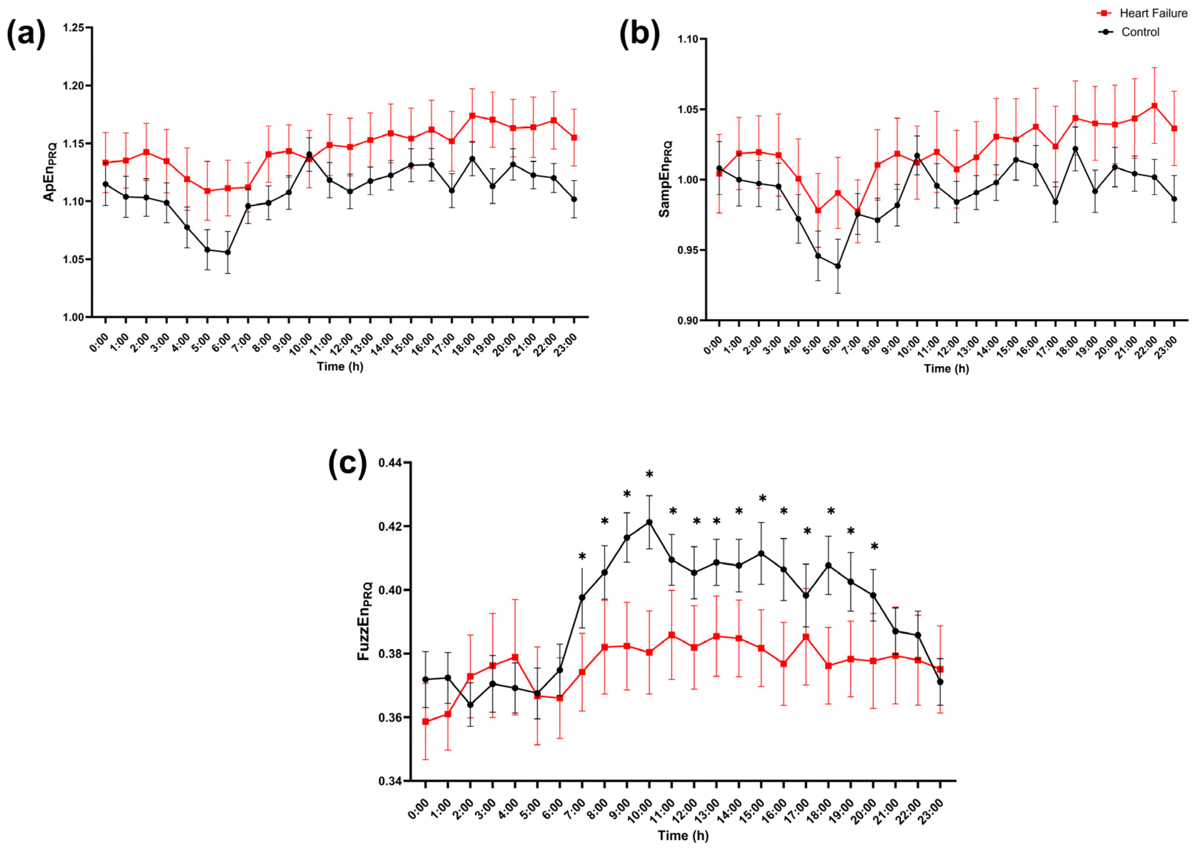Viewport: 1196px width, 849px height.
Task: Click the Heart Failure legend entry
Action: point(1142,13)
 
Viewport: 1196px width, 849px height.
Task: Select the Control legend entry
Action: point(1128,32)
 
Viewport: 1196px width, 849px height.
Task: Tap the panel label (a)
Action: point(25,35)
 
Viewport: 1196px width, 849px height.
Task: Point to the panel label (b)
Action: point(639,35)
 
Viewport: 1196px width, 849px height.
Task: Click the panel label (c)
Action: point(347,464)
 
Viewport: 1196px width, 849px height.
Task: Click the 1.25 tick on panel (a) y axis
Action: point(74,28)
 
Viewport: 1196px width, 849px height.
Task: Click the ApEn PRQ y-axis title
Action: point(50,172)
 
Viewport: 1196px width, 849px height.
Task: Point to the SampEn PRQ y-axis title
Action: point(665,179)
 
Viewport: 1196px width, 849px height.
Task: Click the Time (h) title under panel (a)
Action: point(340,367)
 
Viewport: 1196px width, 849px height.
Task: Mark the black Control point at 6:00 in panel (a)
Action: point(228,252)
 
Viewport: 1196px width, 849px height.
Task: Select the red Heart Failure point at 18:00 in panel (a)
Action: point(472,115)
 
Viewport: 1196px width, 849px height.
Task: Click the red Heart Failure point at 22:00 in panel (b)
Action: point(1155,105)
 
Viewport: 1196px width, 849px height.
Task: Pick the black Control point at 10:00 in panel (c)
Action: point(649,522)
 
